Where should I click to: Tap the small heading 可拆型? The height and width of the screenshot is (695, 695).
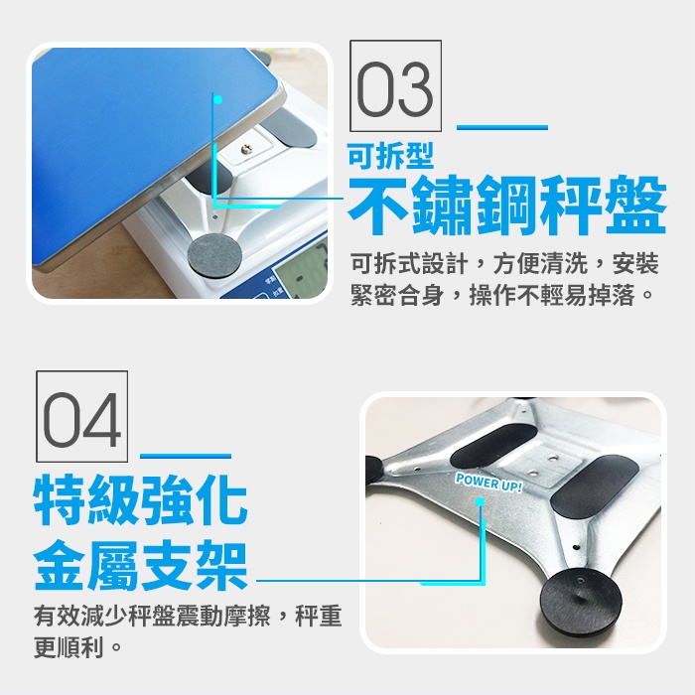point(390,156)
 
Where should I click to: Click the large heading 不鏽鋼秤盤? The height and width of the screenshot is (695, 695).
point(507,205)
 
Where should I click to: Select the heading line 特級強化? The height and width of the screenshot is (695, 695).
point(141,499)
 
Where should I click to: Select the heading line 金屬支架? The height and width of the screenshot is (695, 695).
point(141,565)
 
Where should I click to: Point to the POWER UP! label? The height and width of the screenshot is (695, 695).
point(488,483)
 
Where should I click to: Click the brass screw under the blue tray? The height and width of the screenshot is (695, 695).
point(246,149)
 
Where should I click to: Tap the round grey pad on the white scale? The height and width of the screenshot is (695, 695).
point(215,256)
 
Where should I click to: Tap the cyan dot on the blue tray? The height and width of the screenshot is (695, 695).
point(217,99)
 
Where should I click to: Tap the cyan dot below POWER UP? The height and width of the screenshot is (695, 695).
point(480,502)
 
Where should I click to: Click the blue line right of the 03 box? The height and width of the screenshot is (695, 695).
point(502,127)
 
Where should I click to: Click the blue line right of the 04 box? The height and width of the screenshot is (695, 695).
point(186,456)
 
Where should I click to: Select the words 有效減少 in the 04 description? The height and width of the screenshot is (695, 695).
point(81,616)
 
